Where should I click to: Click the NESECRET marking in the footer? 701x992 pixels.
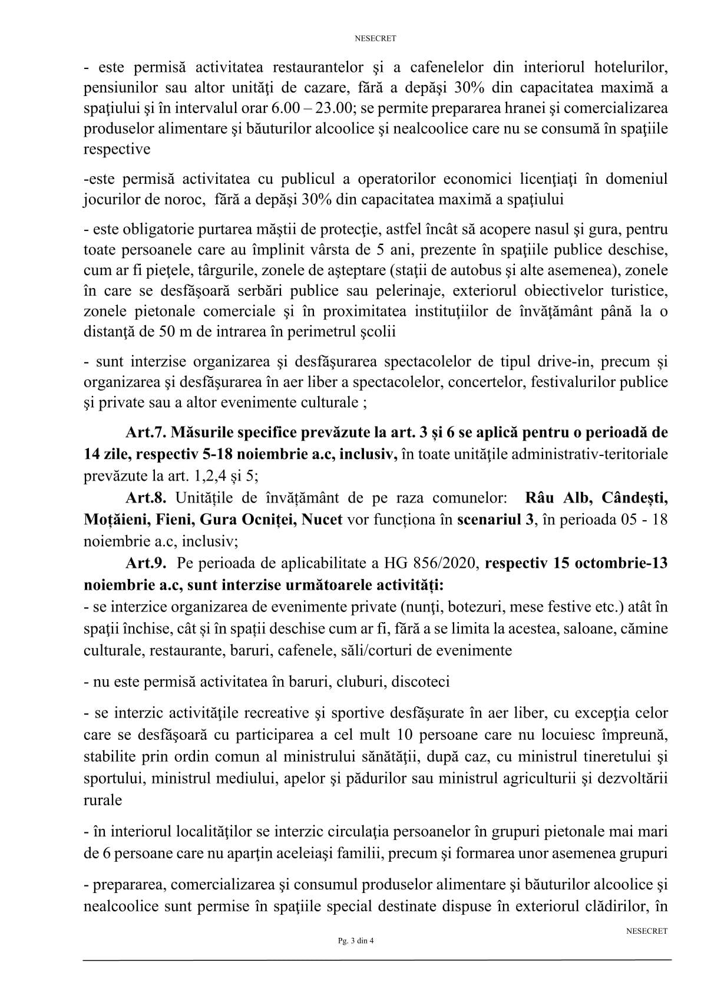click(647, 931)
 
